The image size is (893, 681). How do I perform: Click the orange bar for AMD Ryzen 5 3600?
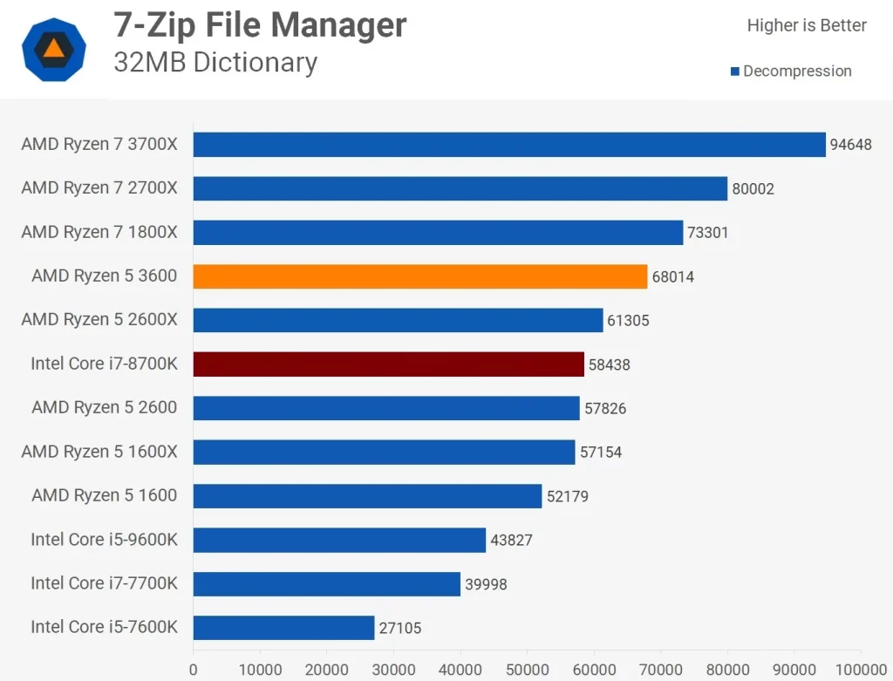(419, 276)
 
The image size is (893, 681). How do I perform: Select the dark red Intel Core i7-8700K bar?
(388, 364)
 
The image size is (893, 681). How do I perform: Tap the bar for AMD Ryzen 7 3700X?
(508, 145)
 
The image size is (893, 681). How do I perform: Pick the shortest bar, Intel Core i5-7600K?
(283, 628)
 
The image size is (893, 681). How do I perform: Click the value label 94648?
(850, 145)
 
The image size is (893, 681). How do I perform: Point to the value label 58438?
(609, 364)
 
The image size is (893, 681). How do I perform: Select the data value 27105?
(399, 628)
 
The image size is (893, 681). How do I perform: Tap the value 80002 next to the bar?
(753, 188)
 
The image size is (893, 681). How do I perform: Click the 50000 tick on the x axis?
(527, 670)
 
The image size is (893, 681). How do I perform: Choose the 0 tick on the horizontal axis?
(194, 670)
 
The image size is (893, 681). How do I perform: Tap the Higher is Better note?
(807, 25)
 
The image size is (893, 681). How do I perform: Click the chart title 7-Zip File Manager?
(260, 25)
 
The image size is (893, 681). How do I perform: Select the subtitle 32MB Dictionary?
(215, 63)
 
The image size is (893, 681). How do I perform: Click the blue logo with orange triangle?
(54, 49)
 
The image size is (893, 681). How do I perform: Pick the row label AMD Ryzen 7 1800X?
(99, 232)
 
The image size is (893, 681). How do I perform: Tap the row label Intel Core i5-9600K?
(104, 540)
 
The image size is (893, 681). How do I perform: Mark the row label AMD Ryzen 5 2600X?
(99, 320)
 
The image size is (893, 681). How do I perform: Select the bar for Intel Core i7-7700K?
(326, 584)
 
